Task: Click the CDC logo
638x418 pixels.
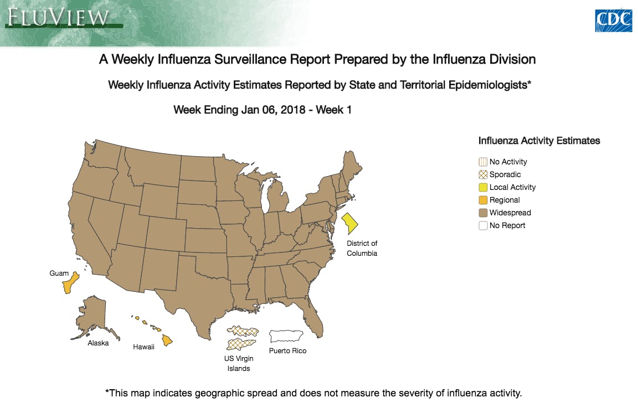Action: pyautogui.click(x=613, y=20)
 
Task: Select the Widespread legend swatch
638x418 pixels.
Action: pyautogui.click(x=483, y=213)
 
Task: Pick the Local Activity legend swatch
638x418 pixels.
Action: pyautogui.click(x=483, y=187)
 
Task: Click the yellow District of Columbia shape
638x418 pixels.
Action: pyautogui.click(x=350, y=224)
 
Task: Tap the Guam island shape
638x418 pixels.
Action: pyautogui.click(x=70, y=283)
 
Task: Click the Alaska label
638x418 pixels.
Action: pyautogui.click(x=98, y=343)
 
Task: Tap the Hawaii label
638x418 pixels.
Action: pyautogui.click(x=143, y=347)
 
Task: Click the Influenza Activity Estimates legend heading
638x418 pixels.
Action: pyautogui.click(x=539, y=141)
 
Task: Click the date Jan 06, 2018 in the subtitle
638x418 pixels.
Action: pyautogui.click(x=273, y=110)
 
